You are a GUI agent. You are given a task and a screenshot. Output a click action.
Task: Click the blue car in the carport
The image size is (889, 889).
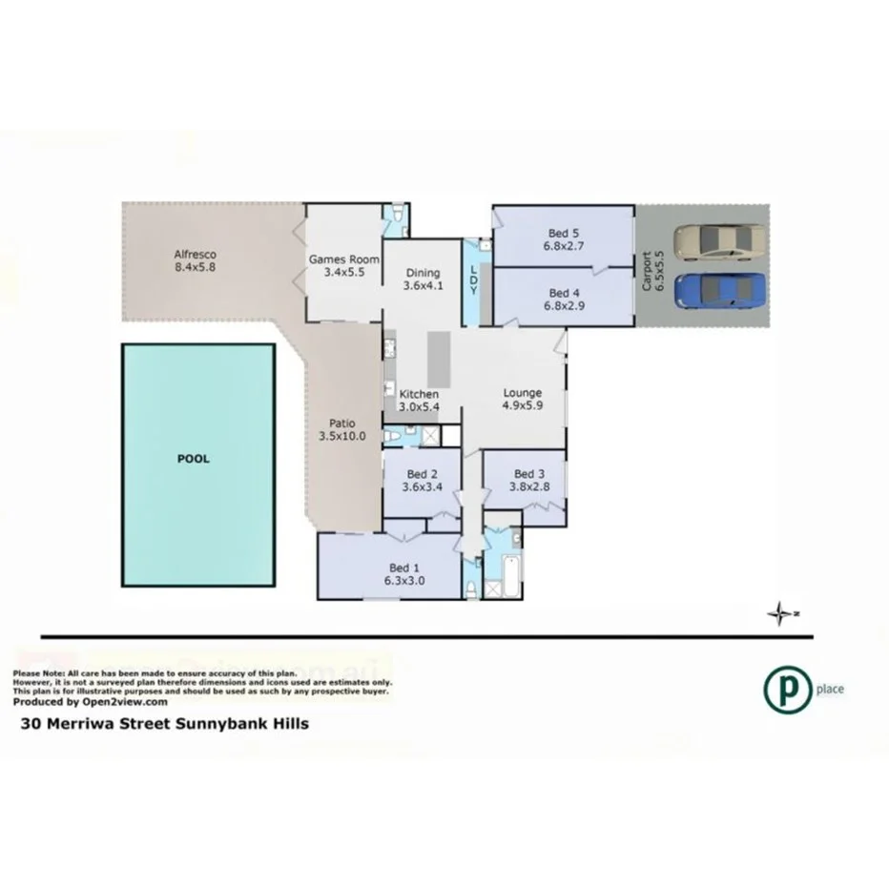click(720, 290)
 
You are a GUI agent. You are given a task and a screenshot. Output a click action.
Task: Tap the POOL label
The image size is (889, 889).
click(194, 459)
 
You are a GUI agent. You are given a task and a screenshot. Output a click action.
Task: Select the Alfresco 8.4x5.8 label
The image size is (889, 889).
click(196, 261)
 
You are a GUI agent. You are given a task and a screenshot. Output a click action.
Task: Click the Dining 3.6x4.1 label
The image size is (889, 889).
click(423, 279)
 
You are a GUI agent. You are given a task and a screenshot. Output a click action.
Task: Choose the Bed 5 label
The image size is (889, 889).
click(563, 239)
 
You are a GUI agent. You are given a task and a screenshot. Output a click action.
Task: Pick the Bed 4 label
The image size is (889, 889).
click(563, 300)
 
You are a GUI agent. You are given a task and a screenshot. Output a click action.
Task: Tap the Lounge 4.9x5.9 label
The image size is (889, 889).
click(522, 399)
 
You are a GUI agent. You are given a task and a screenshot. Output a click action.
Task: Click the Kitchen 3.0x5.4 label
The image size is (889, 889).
click(419, 401)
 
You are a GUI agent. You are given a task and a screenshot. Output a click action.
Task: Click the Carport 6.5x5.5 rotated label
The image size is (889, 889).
click(649, 270)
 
